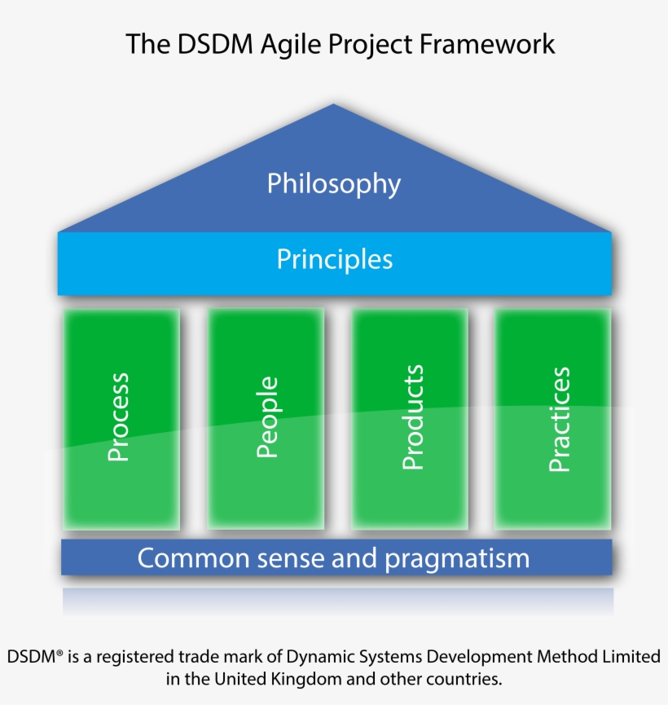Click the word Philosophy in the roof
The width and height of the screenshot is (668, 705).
333,184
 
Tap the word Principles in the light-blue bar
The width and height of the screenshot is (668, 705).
335,259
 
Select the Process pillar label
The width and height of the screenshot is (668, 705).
118,416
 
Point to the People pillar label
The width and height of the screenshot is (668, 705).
267,417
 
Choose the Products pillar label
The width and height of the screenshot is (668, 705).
412,417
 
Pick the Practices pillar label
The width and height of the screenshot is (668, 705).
559,419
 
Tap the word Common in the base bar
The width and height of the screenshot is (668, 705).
193,558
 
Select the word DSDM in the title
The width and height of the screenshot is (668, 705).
215,44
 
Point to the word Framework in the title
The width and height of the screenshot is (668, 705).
487,44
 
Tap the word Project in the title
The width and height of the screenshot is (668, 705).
371,46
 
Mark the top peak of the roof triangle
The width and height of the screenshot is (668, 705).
333,104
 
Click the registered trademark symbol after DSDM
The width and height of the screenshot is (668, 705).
59,652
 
